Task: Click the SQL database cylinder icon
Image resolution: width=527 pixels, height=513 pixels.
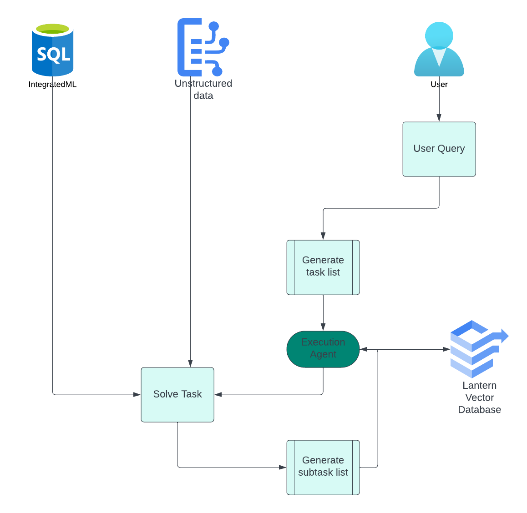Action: (52, 50)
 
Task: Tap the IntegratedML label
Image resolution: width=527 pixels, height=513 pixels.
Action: (52, 84)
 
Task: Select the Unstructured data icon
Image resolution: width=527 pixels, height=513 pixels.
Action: (203, 47)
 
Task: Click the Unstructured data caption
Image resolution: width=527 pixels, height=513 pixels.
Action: (203, 90)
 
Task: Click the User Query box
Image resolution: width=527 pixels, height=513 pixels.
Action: (439, 149)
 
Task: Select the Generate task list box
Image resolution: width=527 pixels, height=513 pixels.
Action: (323, 267)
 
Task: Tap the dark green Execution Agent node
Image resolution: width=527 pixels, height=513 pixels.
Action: (323, 349)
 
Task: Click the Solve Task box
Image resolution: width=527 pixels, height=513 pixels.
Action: (177, 394)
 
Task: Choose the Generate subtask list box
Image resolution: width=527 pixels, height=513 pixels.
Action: (323, 467)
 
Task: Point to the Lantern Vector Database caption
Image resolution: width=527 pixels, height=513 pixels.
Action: (479, 397)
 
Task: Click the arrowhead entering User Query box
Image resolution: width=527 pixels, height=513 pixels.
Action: (439, 118)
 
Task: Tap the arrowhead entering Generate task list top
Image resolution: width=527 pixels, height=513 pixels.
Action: (323, 236)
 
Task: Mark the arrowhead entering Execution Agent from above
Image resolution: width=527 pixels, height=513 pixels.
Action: (323, 327)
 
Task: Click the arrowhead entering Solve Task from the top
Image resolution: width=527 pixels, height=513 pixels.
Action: (190, 363)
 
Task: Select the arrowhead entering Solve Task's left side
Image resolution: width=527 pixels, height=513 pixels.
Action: (137, 394)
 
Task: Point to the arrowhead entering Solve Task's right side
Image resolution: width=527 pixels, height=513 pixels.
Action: (218, 394)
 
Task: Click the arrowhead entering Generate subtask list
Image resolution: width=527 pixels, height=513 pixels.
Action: (283, 467)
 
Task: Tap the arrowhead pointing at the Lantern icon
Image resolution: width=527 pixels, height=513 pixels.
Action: (446, 349)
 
